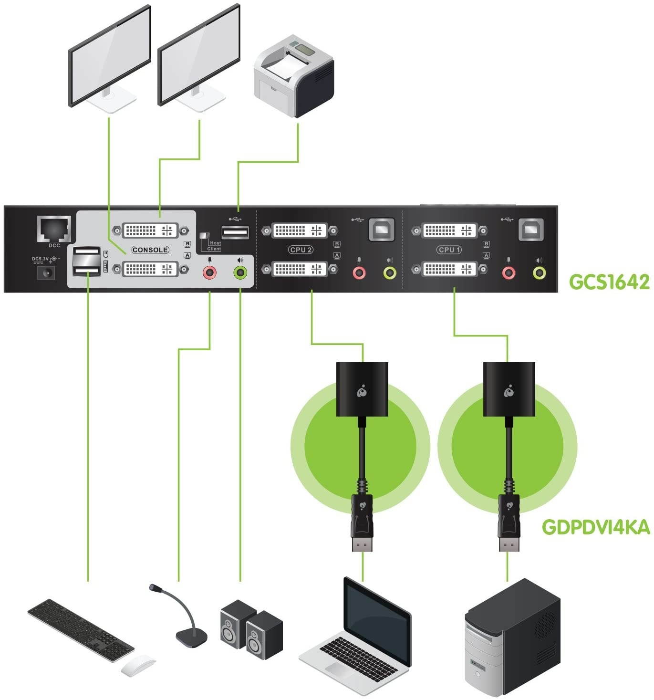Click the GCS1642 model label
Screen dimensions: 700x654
609,282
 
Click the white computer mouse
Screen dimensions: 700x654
138,665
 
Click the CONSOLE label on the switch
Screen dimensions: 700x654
150,250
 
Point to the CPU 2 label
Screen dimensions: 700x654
301,250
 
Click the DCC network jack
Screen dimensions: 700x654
54,229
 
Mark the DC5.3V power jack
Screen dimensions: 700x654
47,272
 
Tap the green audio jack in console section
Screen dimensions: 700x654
241,273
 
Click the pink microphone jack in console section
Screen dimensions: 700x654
209,273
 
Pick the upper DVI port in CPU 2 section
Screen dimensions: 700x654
300,231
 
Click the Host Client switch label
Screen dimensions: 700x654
213,246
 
